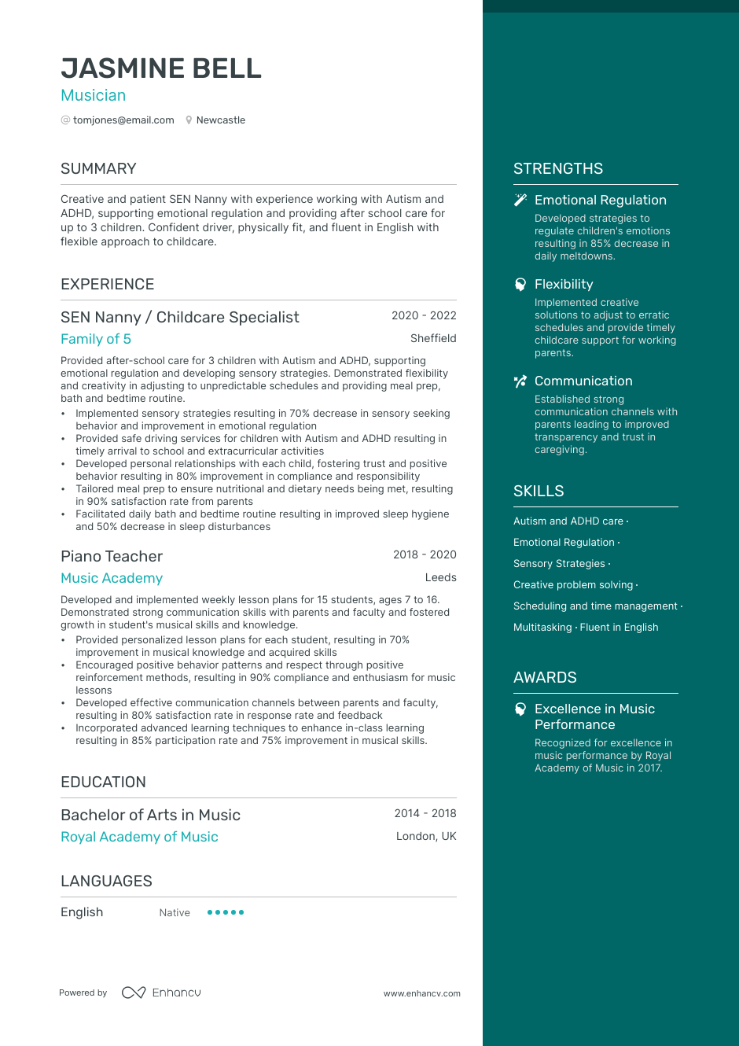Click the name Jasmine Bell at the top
coord(161,68)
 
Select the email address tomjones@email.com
coord(123,120)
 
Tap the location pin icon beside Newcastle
coord(189,120)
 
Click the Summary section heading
coord(98,168)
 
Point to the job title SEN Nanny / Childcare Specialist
coord(180,317)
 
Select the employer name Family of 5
coord(96,339)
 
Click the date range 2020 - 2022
coord(424,315)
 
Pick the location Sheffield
coord(433,338)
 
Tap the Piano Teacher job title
coord(112,556)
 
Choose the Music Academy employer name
coord(112,578)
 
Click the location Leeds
coord(440,577)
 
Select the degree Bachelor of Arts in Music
coord(150,815)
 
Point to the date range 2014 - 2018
coord(425,813)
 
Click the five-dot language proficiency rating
coord(226,912)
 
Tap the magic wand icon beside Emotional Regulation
coord(520,200)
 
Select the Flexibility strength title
coord(564,284)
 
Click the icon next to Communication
coord(520,381)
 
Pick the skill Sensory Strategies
coord(559,564)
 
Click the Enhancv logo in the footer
coord(161,993)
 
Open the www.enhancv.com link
coord(422,993)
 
